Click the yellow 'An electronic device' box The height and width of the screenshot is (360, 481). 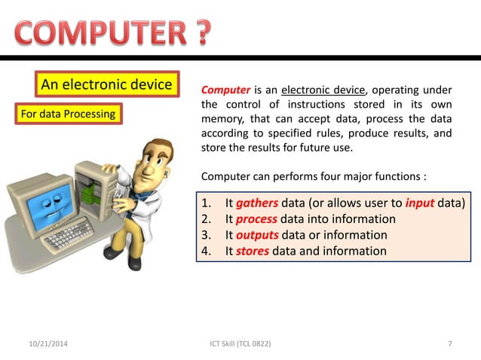106,84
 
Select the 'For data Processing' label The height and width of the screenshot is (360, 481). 67,114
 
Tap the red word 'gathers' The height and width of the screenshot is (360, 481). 257,203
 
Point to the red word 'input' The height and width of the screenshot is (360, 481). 419,203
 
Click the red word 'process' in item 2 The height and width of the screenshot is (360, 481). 256,219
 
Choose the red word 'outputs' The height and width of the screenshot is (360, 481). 258,235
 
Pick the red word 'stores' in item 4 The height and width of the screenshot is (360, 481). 253,251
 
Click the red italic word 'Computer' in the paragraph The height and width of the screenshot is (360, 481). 225,91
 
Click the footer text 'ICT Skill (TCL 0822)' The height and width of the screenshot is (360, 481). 240,344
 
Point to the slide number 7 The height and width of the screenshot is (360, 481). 450,344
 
